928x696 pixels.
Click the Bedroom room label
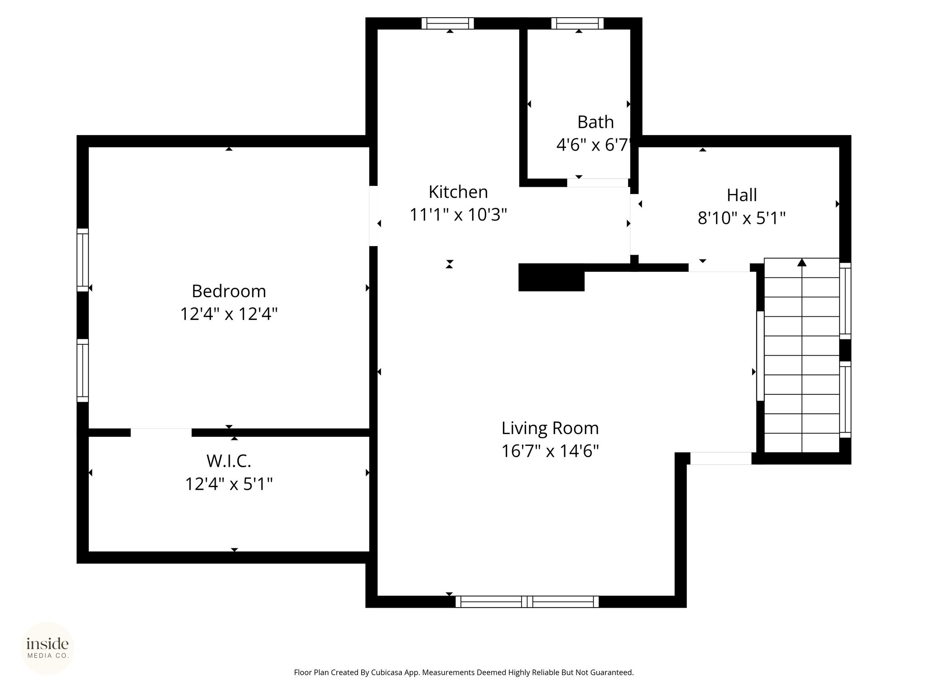229,291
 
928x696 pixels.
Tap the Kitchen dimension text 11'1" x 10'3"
458,214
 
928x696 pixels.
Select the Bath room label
595,122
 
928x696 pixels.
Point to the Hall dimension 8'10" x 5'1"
741,218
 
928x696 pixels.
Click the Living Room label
550,428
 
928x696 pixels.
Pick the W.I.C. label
229,461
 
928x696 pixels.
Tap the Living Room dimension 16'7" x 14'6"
550,451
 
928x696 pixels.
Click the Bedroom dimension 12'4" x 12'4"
229,314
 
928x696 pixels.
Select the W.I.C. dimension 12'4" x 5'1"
229,484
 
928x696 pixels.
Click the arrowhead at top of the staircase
802,262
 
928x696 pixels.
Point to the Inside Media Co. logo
48,648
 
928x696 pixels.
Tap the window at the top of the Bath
577,24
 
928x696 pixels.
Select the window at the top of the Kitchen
448,24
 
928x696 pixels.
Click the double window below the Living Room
527,602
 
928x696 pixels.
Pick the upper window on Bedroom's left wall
82,260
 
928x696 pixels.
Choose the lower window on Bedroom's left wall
82,370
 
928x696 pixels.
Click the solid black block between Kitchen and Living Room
551,277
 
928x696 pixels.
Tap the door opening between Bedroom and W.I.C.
161,433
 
